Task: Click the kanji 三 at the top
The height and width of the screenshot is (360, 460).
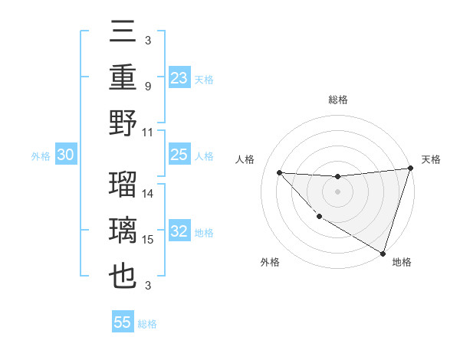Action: coord(123,34)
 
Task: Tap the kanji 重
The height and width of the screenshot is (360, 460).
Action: coord(123,78)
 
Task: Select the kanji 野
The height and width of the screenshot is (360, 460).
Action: coord(123,124)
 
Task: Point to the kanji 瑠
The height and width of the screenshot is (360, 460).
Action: coord(123,185)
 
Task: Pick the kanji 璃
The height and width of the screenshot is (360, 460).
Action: coord(123,231)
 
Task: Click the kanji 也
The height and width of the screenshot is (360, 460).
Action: coord(123,277)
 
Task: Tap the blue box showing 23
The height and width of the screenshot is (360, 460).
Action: coord(179,77)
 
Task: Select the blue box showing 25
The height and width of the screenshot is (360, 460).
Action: coord(179,155)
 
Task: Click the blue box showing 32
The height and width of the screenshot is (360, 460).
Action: coord(179,232)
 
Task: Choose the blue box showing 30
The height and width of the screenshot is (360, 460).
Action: coord(65,155)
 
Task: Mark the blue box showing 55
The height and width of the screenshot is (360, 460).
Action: coord(123,322)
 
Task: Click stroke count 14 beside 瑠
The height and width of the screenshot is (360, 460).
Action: coord(148,193)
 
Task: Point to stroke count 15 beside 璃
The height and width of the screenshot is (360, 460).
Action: coord(148,240)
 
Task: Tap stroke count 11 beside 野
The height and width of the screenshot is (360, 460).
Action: coord(148,133)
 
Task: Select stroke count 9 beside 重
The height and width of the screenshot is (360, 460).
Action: coord(148,87)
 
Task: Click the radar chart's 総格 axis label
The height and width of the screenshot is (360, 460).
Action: coord(337,100)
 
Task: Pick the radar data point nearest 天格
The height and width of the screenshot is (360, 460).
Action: coord(410,169)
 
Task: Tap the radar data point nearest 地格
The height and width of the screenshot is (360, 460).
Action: coord(382,253)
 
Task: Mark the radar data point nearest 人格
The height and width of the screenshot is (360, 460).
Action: coord(279,172)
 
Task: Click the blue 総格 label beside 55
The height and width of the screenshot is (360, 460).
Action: coord(147,324)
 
